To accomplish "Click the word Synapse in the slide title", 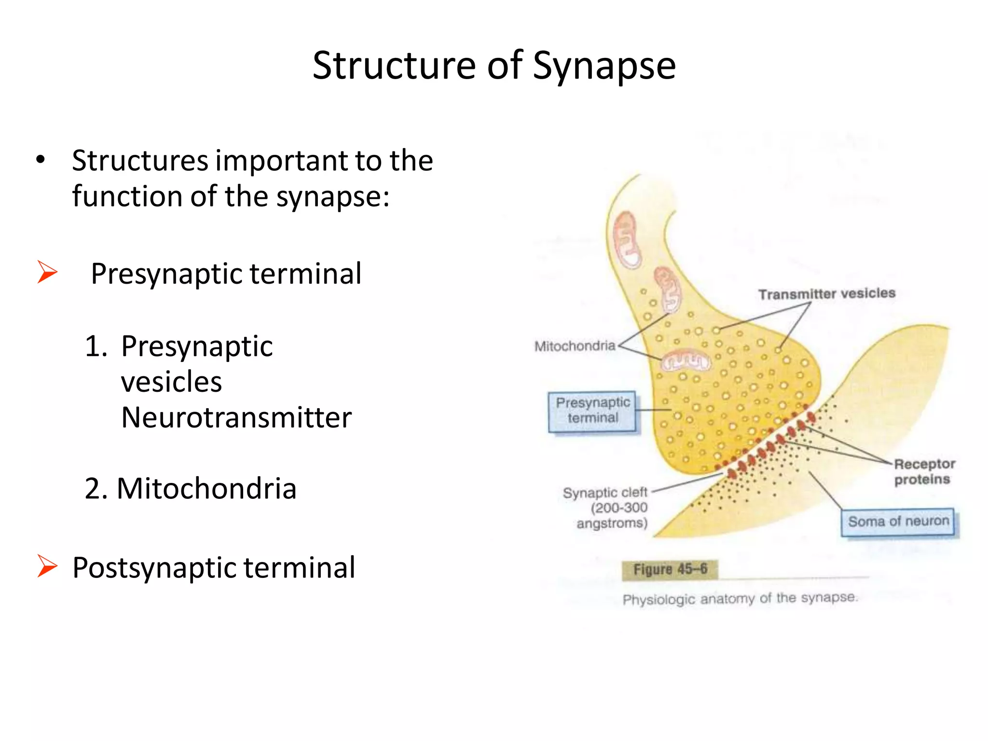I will coord(604,66).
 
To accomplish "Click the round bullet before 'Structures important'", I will coord(41,160).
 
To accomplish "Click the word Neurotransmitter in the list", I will coord(236,417).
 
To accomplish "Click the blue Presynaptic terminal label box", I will coord(592,411).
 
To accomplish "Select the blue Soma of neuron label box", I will coord(898,521).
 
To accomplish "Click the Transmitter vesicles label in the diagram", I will coord(826,293).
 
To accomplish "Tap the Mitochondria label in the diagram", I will coord(575,346).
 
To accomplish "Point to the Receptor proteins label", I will coord(923,471).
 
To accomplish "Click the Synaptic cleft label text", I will coord(605,493).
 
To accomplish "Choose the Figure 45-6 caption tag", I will coord(670,569).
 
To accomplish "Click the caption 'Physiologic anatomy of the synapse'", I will coord(740,599).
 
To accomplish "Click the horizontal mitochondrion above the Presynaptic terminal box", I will coord(685,361).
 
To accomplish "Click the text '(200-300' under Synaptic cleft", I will coord(619,508).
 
